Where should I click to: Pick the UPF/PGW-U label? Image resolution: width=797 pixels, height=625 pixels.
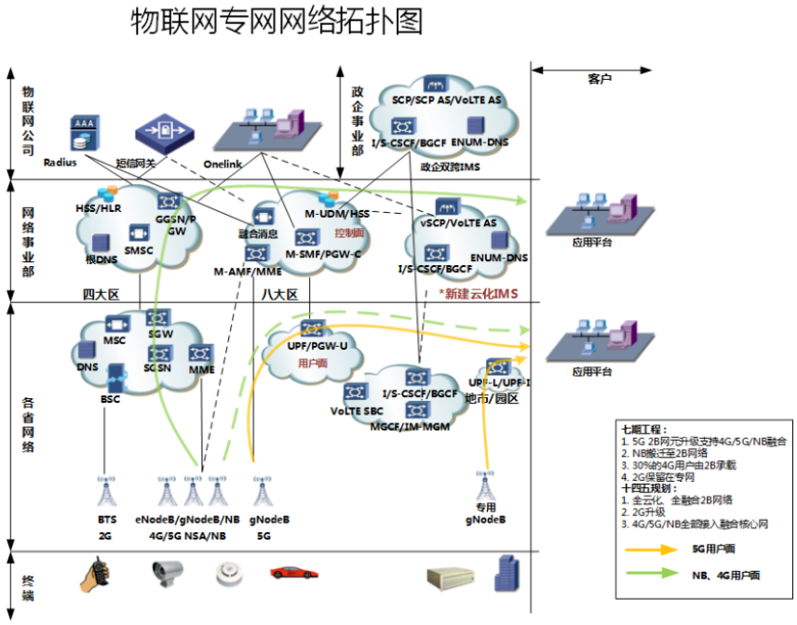pos(312,346)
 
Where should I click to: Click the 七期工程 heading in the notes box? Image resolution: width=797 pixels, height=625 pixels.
pos(644,431)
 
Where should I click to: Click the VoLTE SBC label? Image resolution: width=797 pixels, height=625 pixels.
pos(358,410)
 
